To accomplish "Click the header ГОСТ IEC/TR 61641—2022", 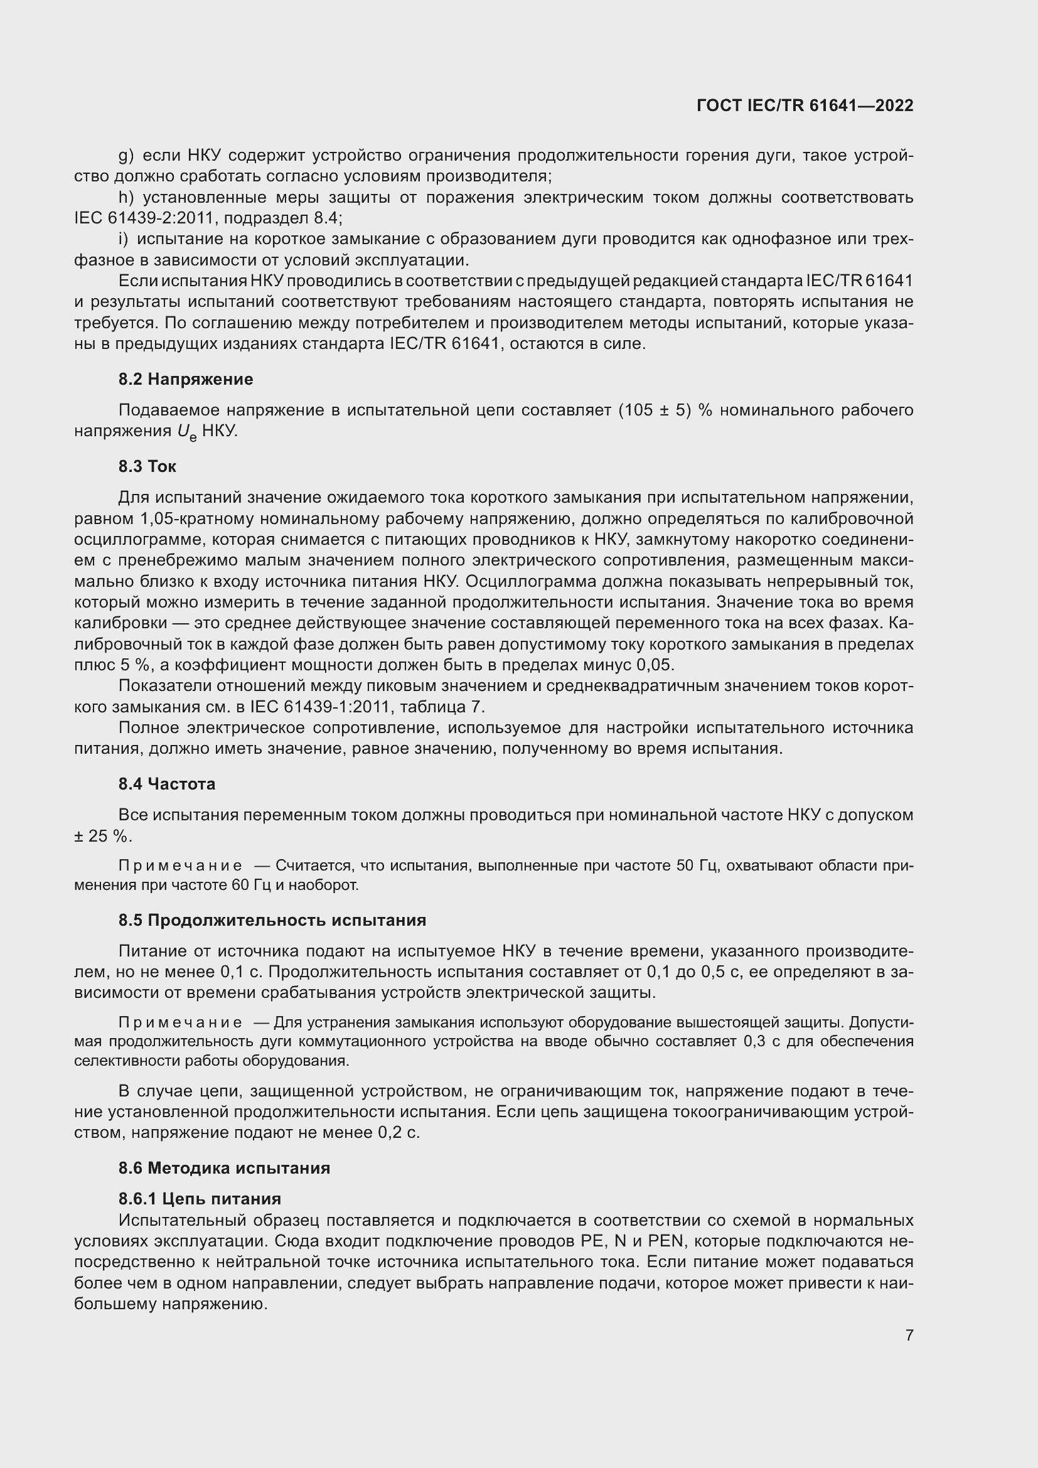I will click(805, 105).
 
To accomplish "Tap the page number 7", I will click(909, 1335).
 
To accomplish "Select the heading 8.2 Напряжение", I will click(185, 379).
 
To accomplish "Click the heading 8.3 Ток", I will click(147, 466).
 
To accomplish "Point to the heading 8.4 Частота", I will click(166, 784).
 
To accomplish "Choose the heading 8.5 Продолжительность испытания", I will click(272, 920).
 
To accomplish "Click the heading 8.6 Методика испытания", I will click(223, 1168).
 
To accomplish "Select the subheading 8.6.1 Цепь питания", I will click(200, 1199).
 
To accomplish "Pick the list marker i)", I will click(124, 239).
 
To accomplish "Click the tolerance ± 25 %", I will click(102, 836).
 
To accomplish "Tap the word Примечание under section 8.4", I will click(180, 865).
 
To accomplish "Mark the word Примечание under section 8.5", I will click(180, 1022).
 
